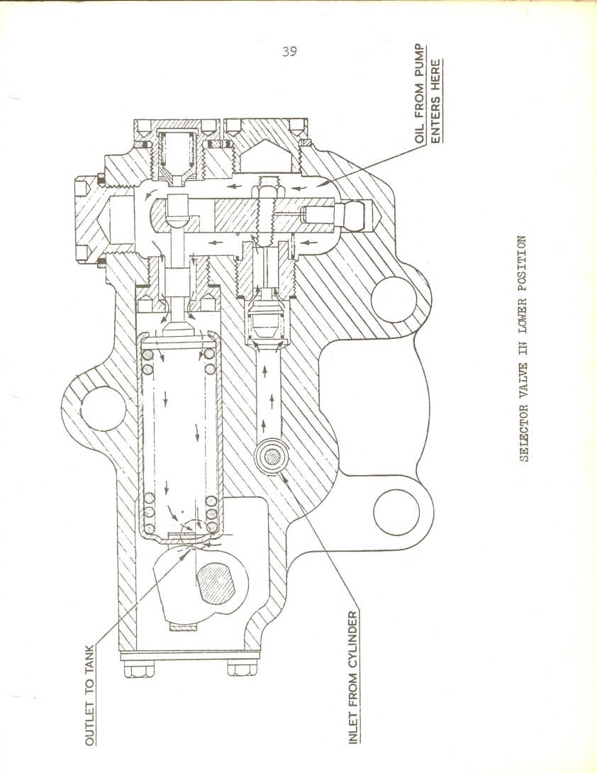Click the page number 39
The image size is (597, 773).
tap(290, 51)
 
